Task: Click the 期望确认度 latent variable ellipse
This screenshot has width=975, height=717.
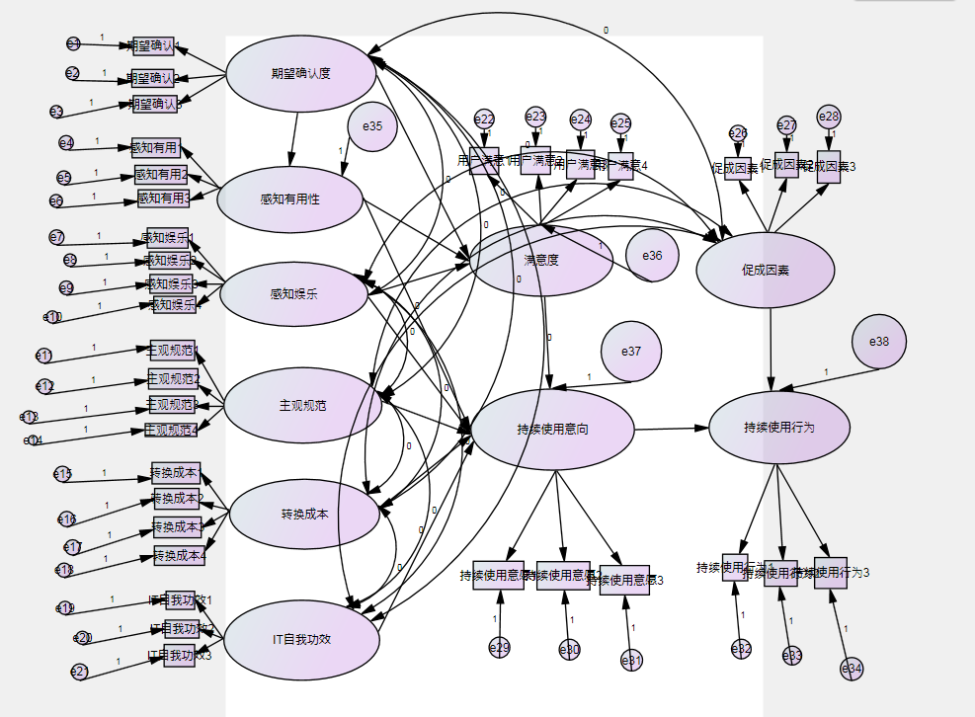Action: click(x=301, y=73)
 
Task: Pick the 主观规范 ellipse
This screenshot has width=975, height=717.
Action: click(x=303, y=405)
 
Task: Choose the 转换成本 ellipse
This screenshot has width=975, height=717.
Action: click(x=304, y=515)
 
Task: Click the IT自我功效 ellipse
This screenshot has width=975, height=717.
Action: click(x=301, y=639)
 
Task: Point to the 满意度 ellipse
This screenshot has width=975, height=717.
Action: click(x=541, y=261)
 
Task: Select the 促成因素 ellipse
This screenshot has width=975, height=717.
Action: click(x=766, y=270)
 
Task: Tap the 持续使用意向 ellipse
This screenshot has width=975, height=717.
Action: click(x=553, y=430)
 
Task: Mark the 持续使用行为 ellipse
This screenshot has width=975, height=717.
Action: click(x=779, y=427)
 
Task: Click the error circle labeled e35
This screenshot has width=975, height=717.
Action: click(x=372, y=126)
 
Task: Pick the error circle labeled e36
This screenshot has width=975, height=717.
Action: click(x=652, y=255)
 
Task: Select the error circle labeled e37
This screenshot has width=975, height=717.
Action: click(x=631, y=352)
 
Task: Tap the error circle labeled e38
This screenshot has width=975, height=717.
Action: click(x=879, y=342)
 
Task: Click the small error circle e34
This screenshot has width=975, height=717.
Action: click(x=852, y=669)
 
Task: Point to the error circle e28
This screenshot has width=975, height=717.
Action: click(x=829, y=117)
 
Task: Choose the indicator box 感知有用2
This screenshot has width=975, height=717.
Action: click(x=161, y=175)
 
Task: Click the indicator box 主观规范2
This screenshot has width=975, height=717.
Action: click(x=173, y=379)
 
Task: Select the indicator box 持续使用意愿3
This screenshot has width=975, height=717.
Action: click(x=624, y=580)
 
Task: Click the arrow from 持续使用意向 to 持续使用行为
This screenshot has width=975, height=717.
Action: click(x=671, y=429)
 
